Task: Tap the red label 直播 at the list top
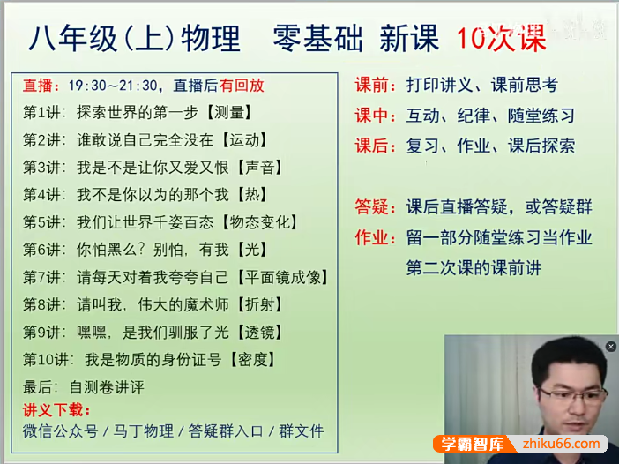pyautogui.click(x=40, y=86)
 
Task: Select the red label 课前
pyautogui.click(x=375, y=86)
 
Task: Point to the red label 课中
pyautogui.click(x=375, y=116)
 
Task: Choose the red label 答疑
pyautogui.click(x=375, y=207)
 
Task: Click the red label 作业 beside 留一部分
pyautogui.click(x=375, y=237)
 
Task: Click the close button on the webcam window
pyautogui.click(x=611, y=347)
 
